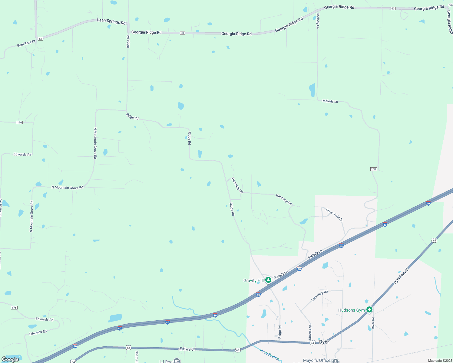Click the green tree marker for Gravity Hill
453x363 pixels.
coord(268,280)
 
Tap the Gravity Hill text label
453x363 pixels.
coord(253,281)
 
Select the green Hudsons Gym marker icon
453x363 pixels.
coord(369,310)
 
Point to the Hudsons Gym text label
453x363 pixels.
coord(351,310)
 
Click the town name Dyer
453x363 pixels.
coord(324,342)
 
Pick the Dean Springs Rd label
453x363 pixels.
coord(111,21)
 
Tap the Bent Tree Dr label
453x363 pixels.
coord(26,43)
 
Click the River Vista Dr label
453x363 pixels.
coord(334,215)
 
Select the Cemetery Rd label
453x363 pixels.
coord(319,296)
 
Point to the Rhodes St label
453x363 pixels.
coord(310,332)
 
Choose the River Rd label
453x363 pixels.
coord(373,323)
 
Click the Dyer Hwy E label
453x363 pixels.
coord(401,276)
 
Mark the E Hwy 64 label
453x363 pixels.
coord(188,349)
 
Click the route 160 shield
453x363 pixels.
coord(373,169)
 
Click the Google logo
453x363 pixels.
coord(10,359)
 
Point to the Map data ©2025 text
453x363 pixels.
coord(440,361)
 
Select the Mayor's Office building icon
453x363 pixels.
coord(335,361)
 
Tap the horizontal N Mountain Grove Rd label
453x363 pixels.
coord(67,188)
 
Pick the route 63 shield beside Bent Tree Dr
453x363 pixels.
coord(40,39)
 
